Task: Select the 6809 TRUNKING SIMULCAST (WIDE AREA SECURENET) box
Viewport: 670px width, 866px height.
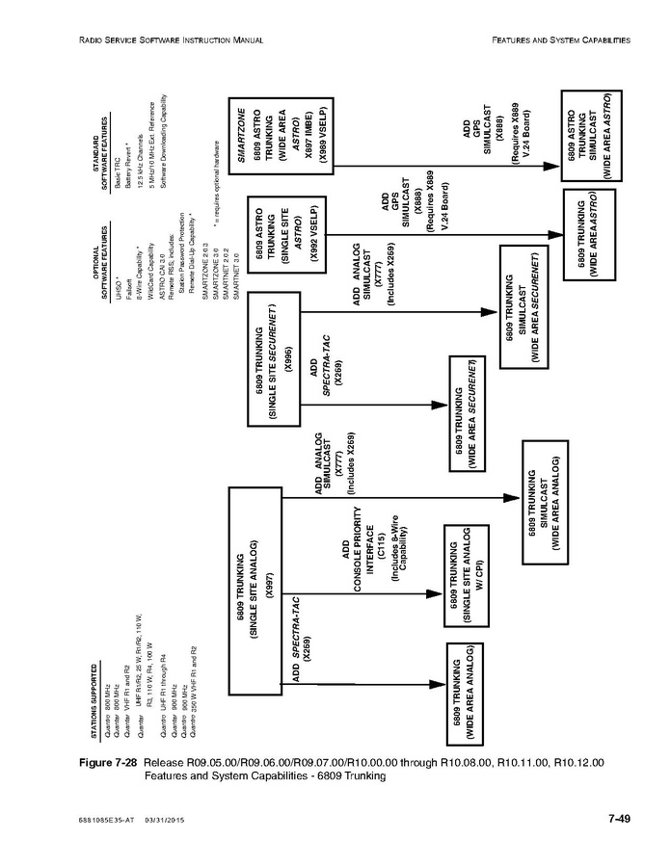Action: [x=521, y=305]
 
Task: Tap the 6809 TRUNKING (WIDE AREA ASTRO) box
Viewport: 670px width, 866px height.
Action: [x=588, y=235]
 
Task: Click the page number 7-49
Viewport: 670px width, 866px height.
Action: [x=618, y=819]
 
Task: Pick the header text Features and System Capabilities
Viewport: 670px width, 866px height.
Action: [x=561, y=40]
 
